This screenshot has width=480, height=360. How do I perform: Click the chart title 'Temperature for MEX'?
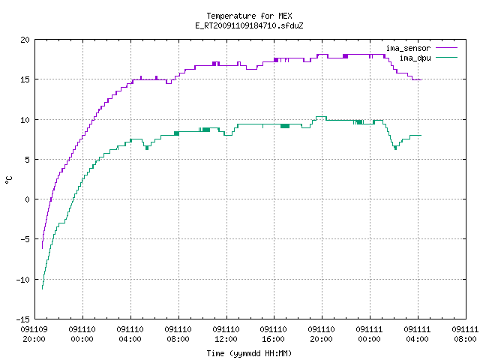click(249, 16)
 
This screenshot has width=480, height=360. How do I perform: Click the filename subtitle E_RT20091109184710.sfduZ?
click(249, 25)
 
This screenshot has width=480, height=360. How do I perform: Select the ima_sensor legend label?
click(408, 48)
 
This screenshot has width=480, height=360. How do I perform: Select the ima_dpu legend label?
click(415, 58)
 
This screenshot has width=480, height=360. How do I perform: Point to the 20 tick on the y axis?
click(25, 40)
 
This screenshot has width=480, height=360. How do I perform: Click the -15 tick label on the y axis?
click(23, 319)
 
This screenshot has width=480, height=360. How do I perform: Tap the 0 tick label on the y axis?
click(28, 199)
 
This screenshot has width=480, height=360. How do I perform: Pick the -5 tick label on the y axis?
click(25, 239)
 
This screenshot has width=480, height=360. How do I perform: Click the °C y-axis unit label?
click(8, 179)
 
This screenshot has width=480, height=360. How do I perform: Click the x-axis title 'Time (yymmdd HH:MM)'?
click(249, 353)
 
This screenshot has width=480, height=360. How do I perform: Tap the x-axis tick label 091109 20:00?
click(34, 334)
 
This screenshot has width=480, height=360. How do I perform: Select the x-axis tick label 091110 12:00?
click(226, 334)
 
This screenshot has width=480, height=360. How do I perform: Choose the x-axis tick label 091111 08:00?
click(465, 334)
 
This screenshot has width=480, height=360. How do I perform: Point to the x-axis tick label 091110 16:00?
click(273, 334)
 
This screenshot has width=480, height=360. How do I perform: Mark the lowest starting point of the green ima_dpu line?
click(42, 289)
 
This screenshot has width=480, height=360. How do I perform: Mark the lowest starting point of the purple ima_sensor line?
click(42, 248)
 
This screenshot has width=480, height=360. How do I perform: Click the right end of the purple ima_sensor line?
click(421, 80)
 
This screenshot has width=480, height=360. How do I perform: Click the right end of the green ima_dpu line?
click(421, 135)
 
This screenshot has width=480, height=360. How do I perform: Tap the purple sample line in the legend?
click(446, 48)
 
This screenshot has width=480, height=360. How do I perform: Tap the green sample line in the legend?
click(446, 57)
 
